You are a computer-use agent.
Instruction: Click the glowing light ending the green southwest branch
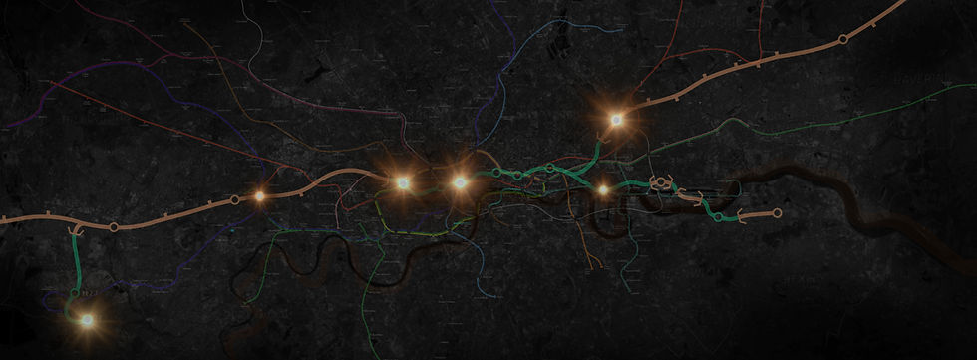point(87,320)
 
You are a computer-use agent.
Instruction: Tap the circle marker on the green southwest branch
point(75,295)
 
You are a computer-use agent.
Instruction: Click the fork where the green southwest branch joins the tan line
point(72,228)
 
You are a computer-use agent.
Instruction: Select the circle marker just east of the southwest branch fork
point(114,227)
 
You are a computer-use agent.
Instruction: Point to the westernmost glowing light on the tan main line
point(259,196)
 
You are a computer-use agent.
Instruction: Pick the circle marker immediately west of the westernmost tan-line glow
point(235,200)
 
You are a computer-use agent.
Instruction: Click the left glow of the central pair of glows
point(403,183)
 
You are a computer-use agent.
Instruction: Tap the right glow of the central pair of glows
point(460,182)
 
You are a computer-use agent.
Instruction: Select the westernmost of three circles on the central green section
point(496,173)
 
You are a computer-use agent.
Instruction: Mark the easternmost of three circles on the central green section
point(550,168)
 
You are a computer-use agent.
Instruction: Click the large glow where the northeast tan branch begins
point(616,120)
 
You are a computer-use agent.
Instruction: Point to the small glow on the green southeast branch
point(602,189)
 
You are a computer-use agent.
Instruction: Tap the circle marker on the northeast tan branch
point(843,39)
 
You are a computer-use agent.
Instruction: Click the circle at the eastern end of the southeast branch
point(777,213)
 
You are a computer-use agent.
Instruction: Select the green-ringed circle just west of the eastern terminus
point(719,215)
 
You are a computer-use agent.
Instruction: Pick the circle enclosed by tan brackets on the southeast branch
point(662,184)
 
